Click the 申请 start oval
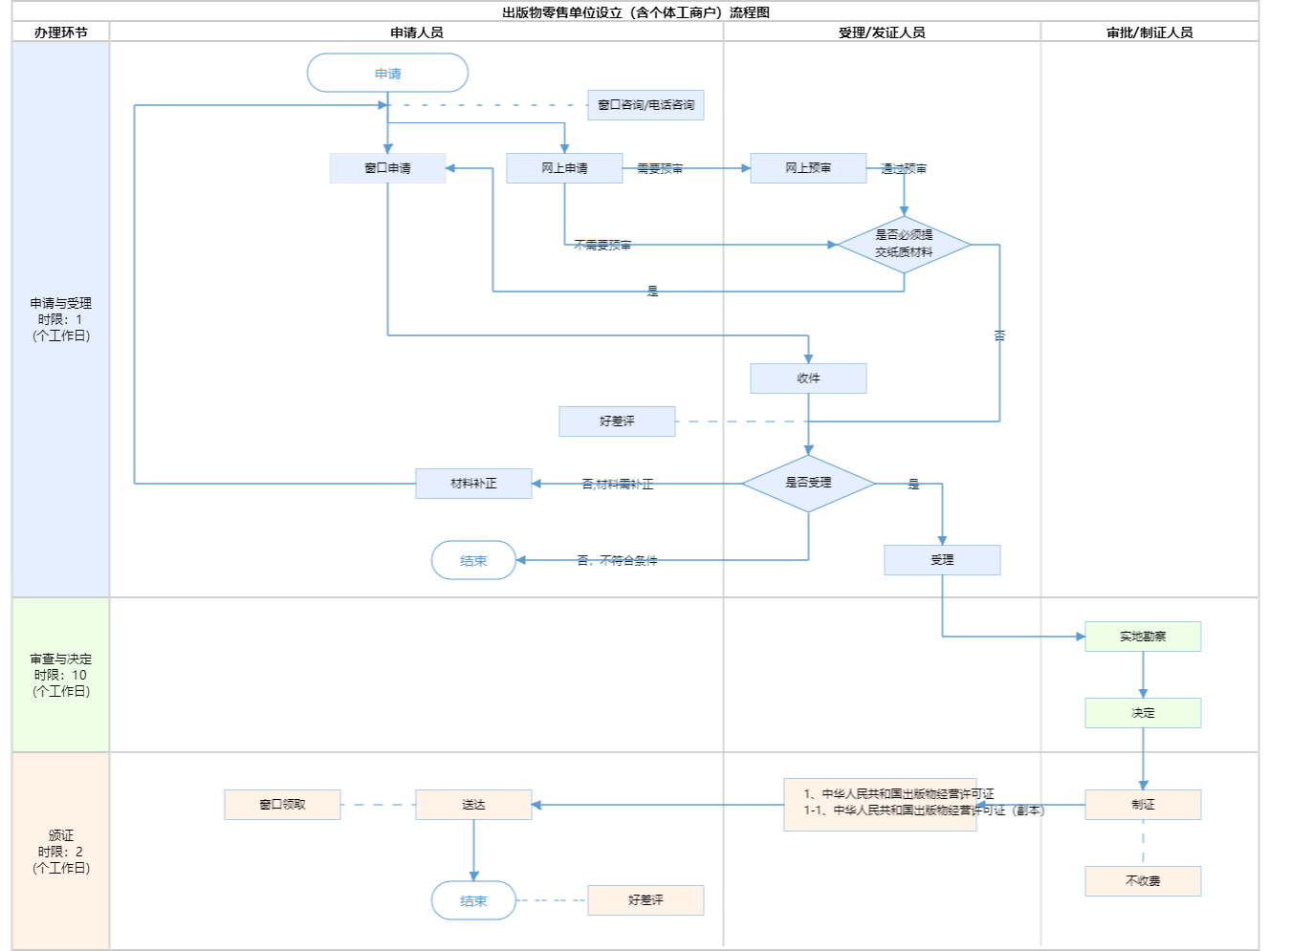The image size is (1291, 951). (387, 74)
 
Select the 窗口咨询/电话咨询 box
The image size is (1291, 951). (645, 105)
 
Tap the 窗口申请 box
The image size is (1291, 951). (387, 168)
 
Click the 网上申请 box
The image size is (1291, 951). (564, 168)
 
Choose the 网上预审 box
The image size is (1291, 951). (808, 168)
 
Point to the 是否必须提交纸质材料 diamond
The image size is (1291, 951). (904, 244)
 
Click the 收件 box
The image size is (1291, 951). (808, 378)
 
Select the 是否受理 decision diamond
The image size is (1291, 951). (808, 484)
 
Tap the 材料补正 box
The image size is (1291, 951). (473, 484)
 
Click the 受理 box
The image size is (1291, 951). (942, 560)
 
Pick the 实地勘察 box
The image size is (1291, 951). (1143, 637)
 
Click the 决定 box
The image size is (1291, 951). (1143, 713)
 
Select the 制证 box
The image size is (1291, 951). (1143, 805)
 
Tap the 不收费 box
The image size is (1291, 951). (1143, 881)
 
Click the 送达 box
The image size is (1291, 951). (473, 805)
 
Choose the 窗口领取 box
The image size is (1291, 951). (282, 805)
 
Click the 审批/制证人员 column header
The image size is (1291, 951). (1149, 32)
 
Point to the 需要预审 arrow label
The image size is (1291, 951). (660, 169)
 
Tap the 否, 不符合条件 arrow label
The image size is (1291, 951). (617, 561)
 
